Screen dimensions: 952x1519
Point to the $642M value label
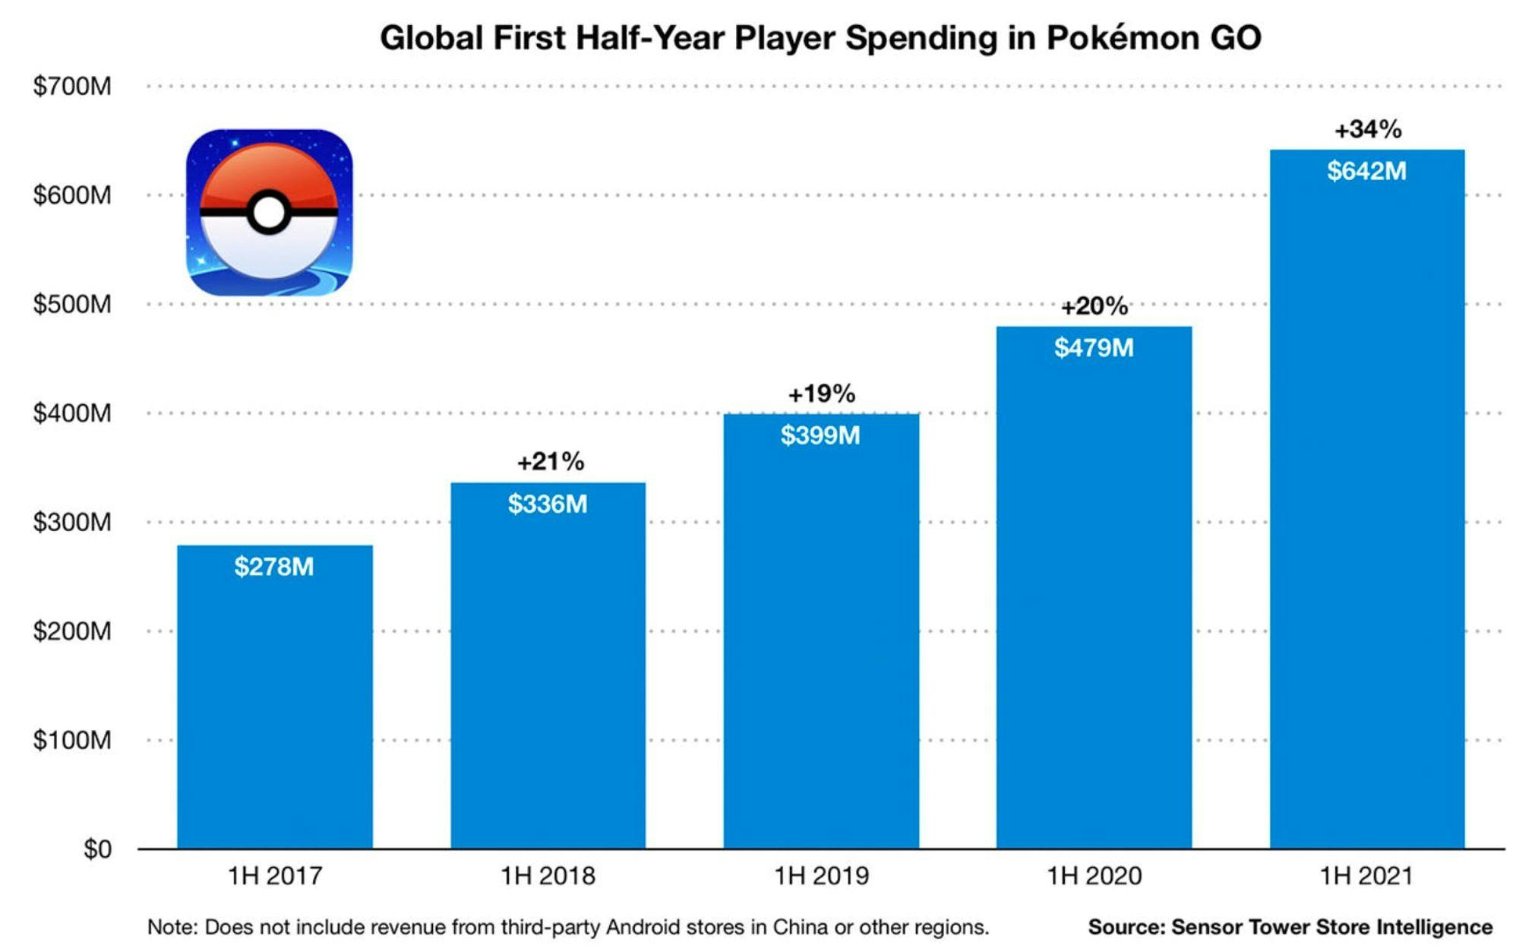coord(1367,171)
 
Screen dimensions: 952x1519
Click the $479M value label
coord(1094,348)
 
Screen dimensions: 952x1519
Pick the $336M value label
coord(548,504)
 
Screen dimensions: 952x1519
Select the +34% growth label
coord(1368,130)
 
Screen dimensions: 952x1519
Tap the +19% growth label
coord(821,394)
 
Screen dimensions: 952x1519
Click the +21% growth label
coord(551,461)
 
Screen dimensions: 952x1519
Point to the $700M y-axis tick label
coord(72,87)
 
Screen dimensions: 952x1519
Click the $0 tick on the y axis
coord(97,849)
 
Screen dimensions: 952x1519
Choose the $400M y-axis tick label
coord(72,413)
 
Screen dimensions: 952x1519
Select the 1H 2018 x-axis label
coord(548,876)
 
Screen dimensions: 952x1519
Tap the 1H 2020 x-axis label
coord(1094,876)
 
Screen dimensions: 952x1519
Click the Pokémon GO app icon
coord(269,212)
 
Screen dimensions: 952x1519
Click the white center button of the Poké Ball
coord(268,213)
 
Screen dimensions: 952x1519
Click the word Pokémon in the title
coord(1120,37)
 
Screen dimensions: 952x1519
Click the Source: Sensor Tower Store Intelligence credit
coord(1290,927)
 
